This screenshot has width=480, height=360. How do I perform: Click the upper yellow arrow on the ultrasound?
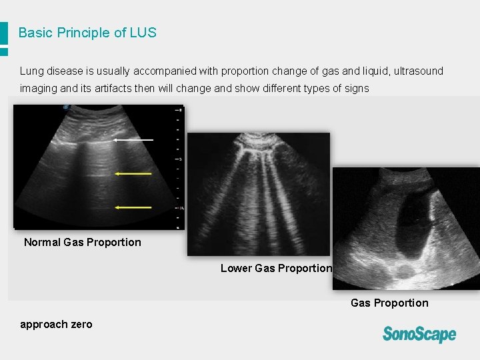pyautogui.click(x=133, y=173)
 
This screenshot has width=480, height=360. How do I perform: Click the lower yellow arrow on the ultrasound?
pyautogui.click(x=133, y=207)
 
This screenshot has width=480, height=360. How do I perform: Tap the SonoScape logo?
pyautogui.click(x=419, y=333)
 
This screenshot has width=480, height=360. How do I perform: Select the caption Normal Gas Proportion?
pyautogui.click(x=83, y=242)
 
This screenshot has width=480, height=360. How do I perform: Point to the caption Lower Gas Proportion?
pyautogui.click(x=276, y=268)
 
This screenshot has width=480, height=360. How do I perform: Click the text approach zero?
pyautogui.click(x=56, y=324)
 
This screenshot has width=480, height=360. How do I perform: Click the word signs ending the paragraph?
pyautogui.click(x=355, y=88)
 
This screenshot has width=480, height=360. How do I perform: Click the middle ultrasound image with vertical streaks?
pyautogui.click(x=258, y=193)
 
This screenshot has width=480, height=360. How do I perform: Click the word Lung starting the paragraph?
pyautogui.click(x=31, y=71)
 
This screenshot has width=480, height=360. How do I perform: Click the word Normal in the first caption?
pyautogui.click(x=42, y=242)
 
